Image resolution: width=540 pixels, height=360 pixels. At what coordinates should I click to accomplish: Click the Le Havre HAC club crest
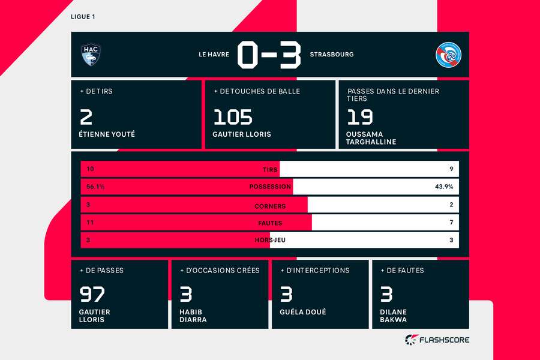coord(91,55)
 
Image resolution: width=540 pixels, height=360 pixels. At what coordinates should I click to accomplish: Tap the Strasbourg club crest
coord(447,55)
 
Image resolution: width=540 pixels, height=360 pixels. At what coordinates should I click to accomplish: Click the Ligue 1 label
coord(83,16)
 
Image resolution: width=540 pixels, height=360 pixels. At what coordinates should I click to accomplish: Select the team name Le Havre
coord(214,55)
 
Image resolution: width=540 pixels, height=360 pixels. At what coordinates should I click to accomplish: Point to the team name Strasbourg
coord(332,55)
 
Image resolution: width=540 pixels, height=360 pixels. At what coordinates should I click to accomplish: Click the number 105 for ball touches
coord(233,116)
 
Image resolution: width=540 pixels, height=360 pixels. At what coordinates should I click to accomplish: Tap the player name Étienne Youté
coord(107,134)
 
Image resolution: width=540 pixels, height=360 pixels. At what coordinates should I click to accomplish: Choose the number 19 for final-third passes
coord(359,116)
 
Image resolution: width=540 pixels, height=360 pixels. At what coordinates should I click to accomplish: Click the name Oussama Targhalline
coord(371,139)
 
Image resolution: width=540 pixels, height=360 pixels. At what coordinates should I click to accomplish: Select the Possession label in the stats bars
coord(270,187)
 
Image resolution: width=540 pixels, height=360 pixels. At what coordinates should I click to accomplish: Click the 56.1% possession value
coord(95,187)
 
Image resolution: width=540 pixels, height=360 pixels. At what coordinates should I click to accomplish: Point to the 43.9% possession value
coord(444,187)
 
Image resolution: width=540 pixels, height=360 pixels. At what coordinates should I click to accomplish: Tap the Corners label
coord(270,206)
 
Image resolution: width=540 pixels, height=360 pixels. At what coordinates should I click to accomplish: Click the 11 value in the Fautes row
coord(91,223)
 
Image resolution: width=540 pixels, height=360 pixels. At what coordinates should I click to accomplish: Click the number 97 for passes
coord(92,294)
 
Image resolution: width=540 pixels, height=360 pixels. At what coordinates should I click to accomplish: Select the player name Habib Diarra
coord(193,316)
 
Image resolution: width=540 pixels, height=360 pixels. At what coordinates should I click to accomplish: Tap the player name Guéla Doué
coord(302,312)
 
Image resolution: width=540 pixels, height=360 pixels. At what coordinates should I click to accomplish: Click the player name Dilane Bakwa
coord(394,316)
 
